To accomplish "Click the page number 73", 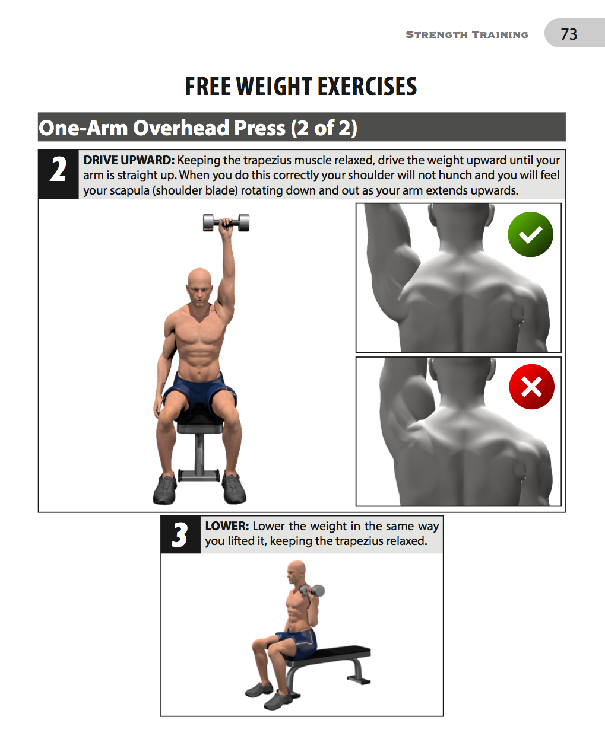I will pos(569,34).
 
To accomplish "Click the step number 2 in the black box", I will pos(58,170).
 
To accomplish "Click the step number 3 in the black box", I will pos(180,535).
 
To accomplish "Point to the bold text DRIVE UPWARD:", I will pos(129,160).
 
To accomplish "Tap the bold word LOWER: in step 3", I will pos(226,526).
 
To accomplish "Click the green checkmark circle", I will pos(530,234).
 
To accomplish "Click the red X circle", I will pos(531,387).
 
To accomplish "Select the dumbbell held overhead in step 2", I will pos(226,223).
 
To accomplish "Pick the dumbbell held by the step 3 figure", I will pos(312,591).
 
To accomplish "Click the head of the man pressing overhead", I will pos(199,286).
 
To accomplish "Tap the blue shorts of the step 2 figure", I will pos(199,391).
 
